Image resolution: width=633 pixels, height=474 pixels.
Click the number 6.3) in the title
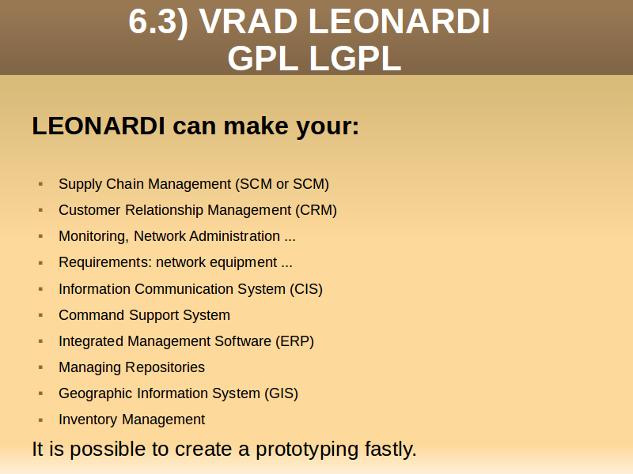click(158, 21)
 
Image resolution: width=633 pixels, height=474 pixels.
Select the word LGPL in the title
click(355, 58)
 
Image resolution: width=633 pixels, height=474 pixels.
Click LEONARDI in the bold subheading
click(98, 126)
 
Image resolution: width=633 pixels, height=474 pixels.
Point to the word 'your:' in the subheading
click(328, 127)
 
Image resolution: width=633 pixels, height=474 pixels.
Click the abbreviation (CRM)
click(316, 210)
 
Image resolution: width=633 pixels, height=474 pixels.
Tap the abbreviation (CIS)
click(306, 289)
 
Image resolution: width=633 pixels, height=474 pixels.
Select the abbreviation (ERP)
click(294, 341)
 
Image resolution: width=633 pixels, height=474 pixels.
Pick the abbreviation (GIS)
click(282, 393)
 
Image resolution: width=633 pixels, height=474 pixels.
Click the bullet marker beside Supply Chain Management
click(40, 184)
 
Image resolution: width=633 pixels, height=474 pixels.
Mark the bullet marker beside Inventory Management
click(40, 420)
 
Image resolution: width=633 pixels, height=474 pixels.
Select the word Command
click(91, 315)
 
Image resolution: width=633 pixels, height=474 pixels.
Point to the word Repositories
click(165, 367)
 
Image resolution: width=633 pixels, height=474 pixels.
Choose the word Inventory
click(88, 420)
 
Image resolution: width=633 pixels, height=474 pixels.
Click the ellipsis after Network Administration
click(290, 240)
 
